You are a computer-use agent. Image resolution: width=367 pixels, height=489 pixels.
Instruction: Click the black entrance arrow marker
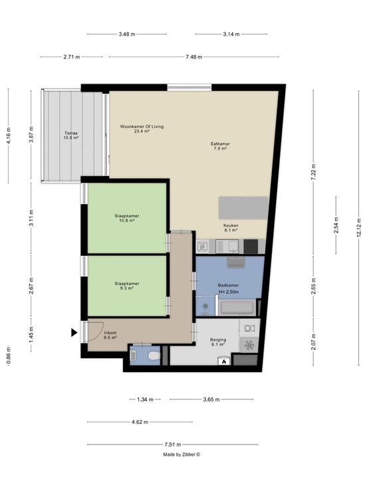[x=74, y=332]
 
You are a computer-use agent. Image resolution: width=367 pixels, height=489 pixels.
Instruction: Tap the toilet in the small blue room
[x=154, y=355]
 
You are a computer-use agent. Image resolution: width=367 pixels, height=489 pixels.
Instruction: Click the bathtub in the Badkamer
[x=237, y=308]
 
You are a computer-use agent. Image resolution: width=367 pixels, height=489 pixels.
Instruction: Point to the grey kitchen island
[x=243, y=208]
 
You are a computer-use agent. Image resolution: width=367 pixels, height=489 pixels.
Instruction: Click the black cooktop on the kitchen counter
[x=251, y=246]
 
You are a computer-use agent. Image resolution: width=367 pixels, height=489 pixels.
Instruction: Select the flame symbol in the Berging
[x=224, y=361]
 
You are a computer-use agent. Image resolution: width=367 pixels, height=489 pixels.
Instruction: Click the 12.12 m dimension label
[x=358, y=228]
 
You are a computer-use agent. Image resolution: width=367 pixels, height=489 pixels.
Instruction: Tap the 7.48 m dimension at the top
[x=193, y=56]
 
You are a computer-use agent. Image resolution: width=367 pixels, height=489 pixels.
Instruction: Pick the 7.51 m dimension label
[x=173, y=444]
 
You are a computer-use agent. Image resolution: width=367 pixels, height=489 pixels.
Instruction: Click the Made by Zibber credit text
[x=182, y=454]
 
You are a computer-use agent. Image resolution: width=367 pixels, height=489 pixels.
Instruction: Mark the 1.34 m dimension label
[x=145, y=399]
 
